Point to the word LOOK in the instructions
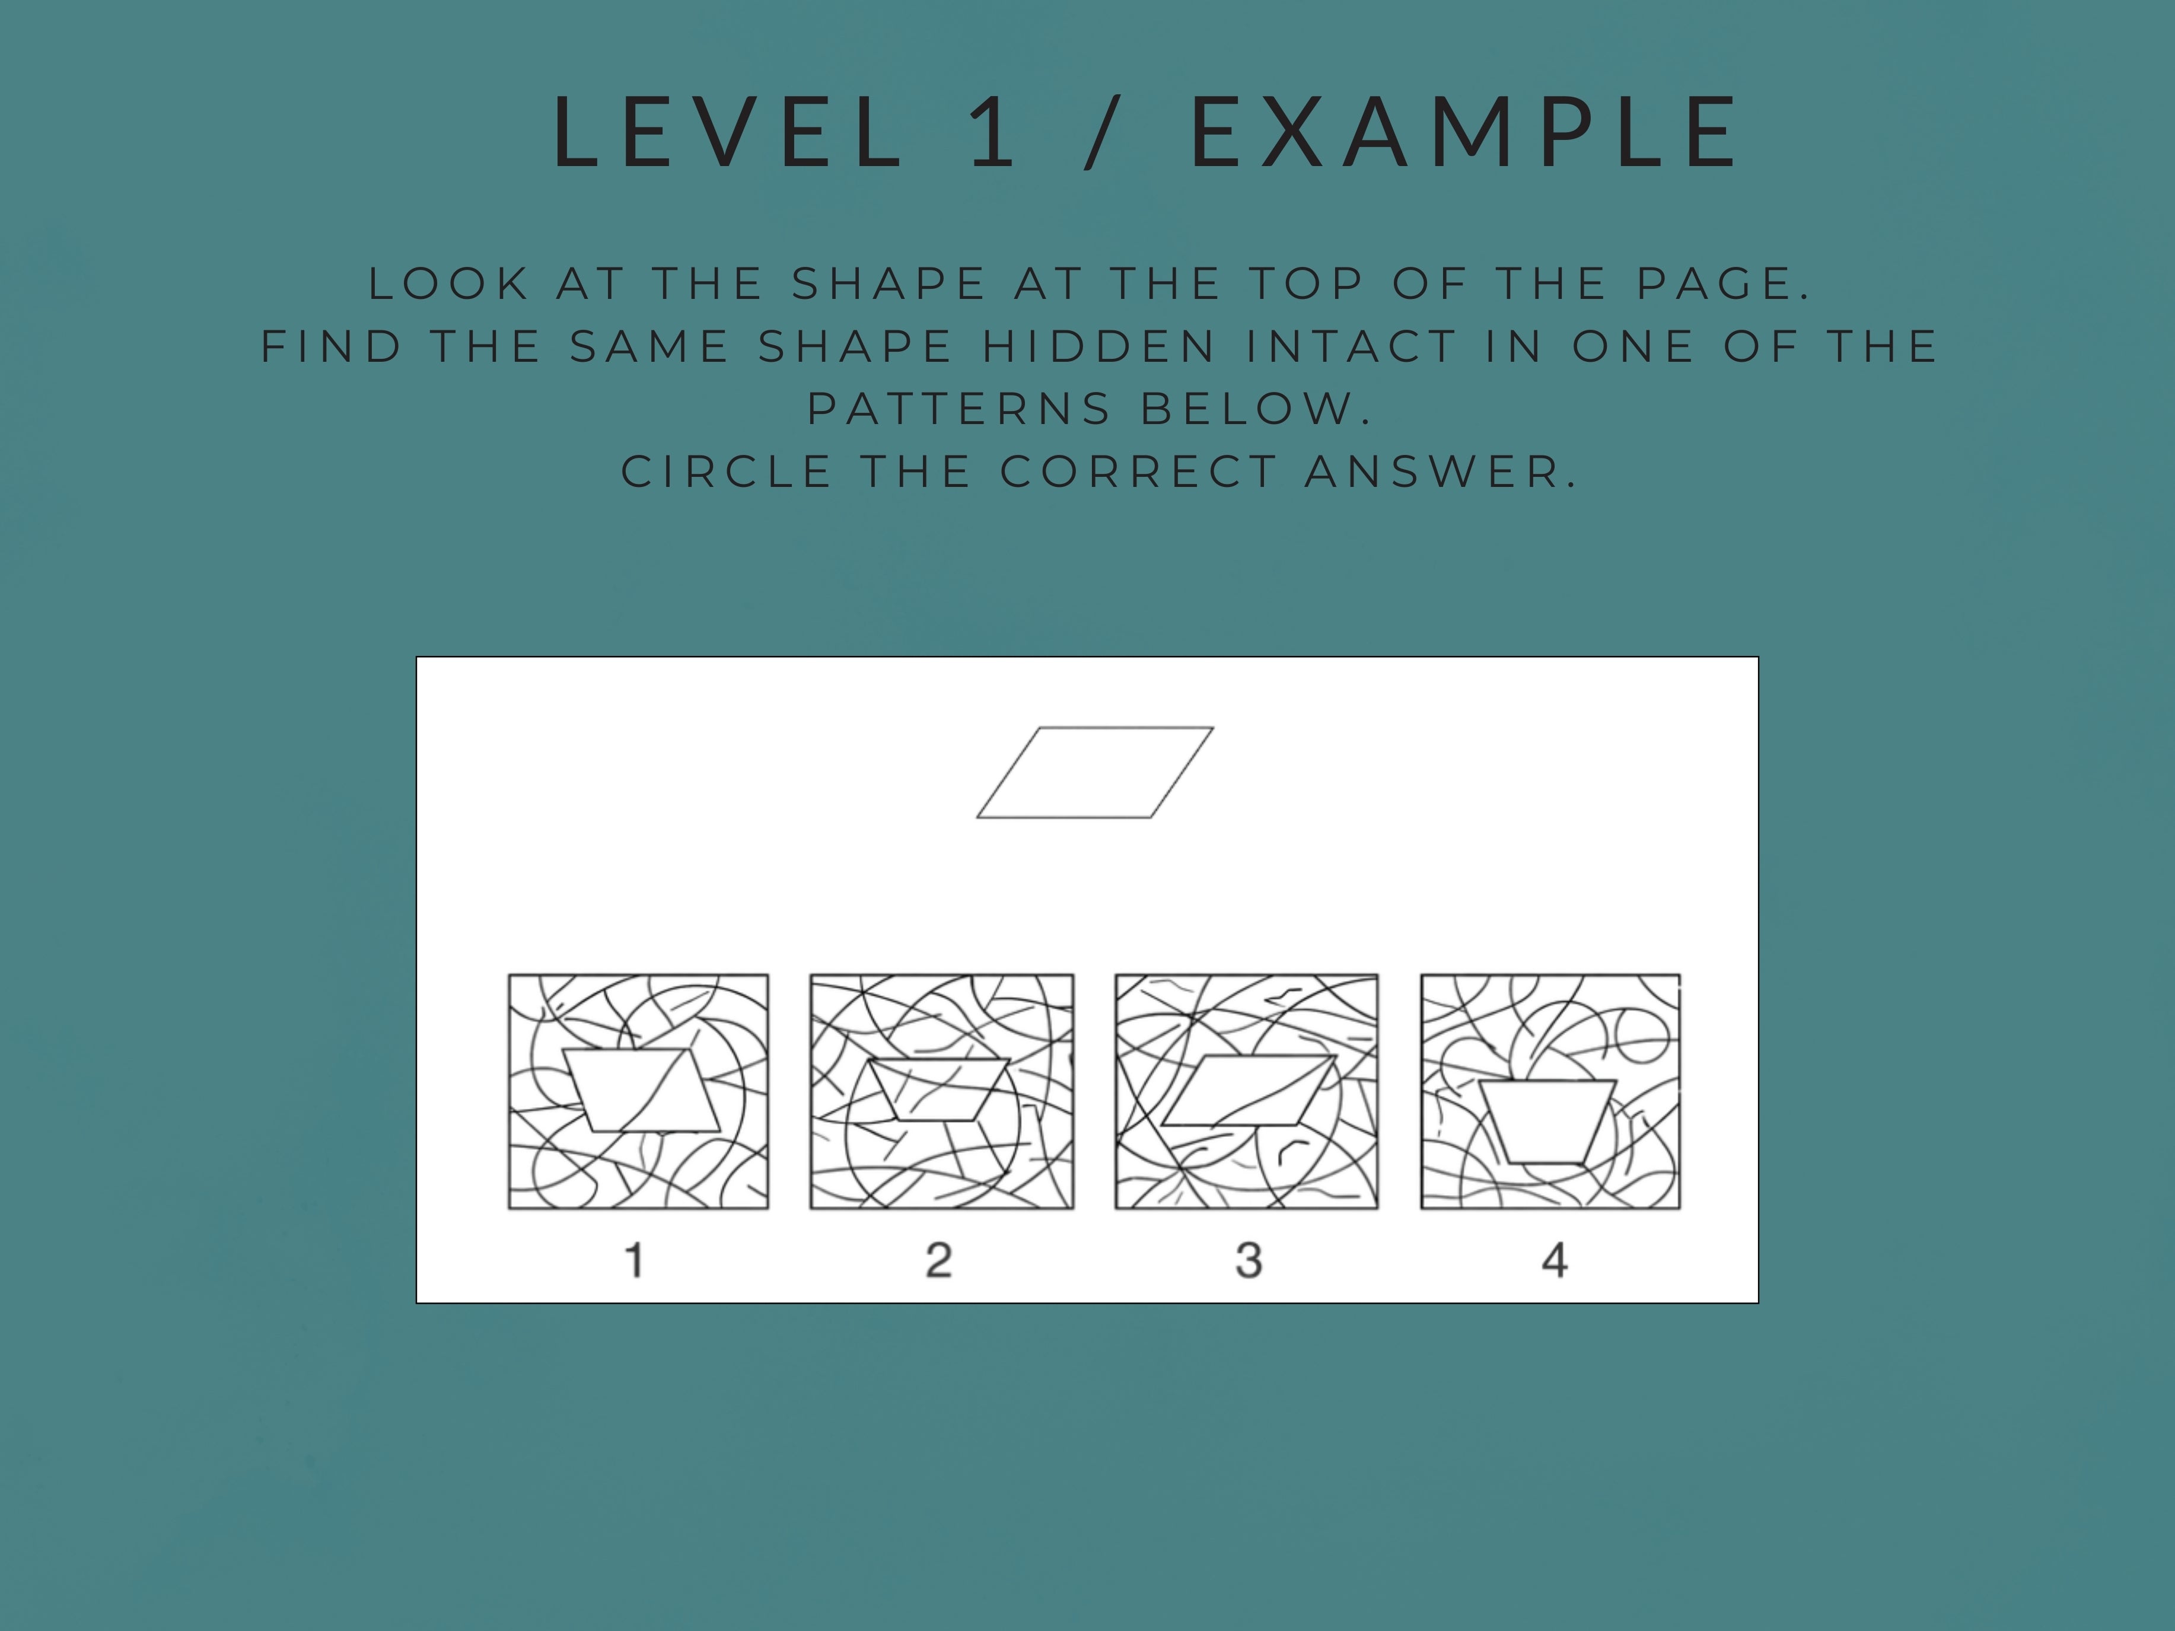click(x=450, y=284)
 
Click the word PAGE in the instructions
click(x=1721, y=284)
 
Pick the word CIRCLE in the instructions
click(x=728, y=472)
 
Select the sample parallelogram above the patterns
click(x=1094, y=773)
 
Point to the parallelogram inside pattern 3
click(x=1249, y=1090)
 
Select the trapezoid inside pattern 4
click(x=1547, y=1121)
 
